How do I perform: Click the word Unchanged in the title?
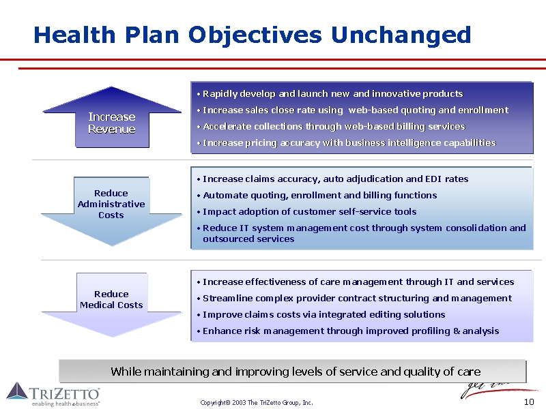(401, 35)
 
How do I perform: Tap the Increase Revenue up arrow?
(112, 118)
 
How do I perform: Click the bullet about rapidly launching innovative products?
(330, 94)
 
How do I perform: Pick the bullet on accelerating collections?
(331, 126)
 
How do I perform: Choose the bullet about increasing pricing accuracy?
(346, 143)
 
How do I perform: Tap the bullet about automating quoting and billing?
(317, 196)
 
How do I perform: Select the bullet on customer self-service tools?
(306, 212)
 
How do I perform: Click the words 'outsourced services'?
(248, 239)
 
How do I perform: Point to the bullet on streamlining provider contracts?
(354, 299)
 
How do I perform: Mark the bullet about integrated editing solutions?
(321, 315)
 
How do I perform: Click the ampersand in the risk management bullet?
(457, 331)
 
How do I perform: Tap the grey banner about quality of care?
(293, 372)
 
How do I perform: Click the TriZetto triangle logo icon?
(17, 391)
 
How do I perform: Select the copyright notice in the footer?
(257, 403)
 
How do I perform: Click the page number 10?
(529, 402)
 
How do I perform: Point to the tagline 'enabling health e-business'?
(66, 404)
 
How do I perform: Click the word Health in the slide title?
(74, 35)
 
